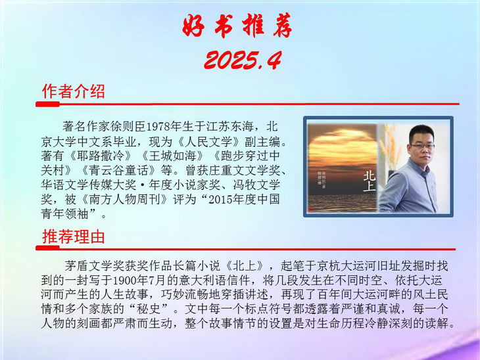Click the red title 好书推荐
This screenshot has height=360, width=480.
point(237,26)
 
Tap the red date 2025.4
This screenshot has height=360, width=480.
point(243,60)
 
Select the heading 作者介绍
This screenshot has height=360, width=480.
point(74,91)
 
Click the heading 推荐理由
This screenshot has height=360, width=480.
point(74,236)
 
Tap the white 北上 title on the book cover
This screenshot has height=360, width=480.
point(369,181)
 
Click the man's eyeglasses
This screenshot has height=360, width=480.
point(422,146)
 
